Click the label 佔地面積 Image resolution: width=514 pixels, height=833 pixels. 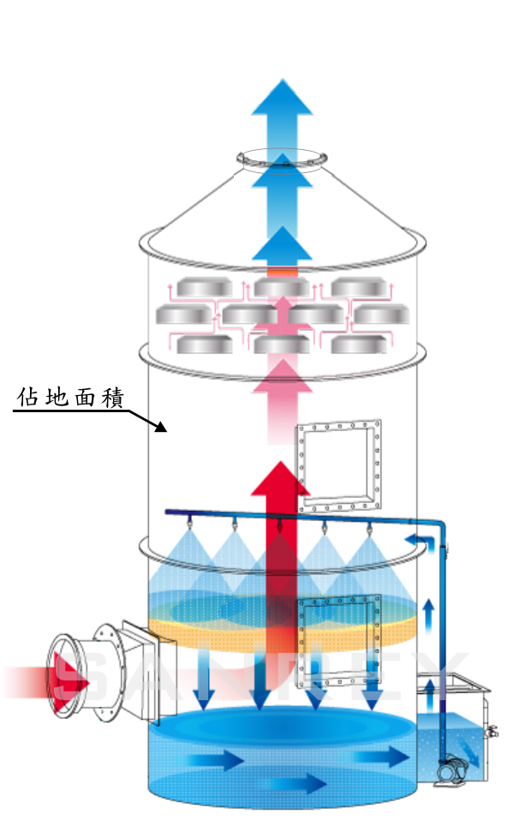click(x=70, y=399)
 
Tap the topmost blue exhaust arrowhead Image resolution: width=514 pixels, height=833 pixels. click(x=282, y=97)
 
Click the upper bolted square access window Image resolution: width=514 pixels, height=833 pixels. click(x=338, y=464)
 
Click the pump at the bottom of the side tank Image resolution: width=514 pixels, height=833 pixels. click(x=451, y=771)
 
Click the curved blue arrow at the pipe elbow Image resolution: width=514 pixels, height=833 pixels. click(x=418, y=541)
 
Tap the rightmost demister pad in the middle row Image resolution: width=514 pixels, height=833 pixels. click(x=381, y=315)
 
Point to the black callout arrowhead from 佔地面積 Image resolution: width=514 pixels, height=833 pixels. click(x=164, y=427)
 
